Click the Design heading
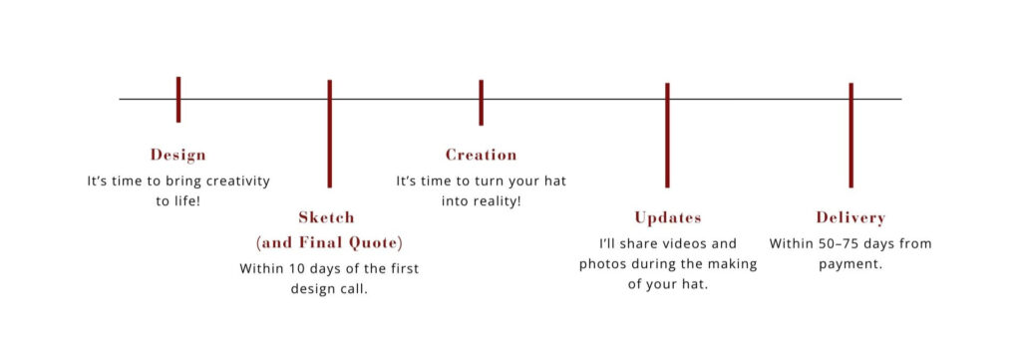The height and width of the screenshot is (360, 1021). click(x=177, y=155)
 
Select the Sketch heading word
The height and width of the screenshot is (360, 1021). click(x=326, y=217)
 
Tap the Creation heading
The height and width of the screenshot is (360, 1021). click(x=482, y=155)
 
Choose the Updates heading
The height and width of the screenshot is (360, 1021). click(x=668, y=218)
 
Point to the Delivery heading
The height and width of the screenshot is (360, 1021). click(x=851, y=217)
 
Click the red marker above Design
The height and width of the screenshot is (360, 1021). click(x=178, y=100)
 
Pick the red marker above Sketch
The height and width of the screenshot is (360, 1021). click(x=329, y=134)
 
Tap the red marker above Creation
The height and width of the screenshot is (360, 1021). click(x=482, y=103)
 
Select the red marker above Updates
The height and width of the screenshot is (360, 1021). click(x=667, y=136)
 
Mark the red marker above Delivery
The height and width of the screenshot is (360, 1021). click(x=851, y=136)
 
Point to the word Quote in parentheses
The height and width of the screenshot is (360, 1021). click(x=376, y=243)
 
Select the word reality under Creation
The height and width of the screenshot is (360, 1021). click(x=498, y=201)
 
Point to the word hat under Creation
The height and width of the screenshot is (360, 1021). click(x=554, y=181)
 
